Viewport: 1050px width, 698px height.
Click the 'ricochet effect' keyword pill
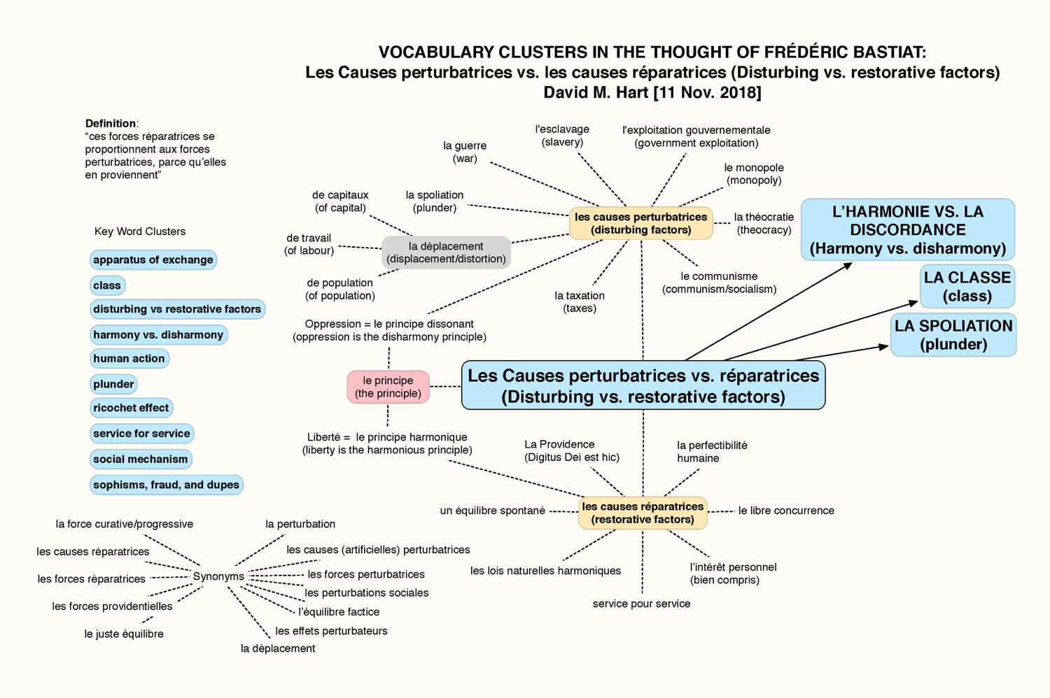pyautogui.click(x=132, y=408)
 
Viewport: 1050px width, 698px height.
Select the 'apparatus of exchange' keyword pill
pyautogui.click(x=153, y=259)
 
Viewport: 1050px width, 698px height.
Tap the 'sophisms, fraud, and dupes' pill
pyautogui.click(x=167, y=485)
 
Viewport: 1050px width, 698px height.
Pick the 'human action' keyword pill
pyautogui.click(x=129, y=358)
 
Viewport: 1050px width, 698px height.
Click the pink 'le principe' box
pyautogui.click(x=388, y=387)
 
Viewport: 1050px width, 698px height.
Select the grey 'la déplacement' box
pyautogui.click(x=447, y=252)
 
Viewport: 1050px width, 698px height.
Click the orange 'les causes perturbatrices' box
pyautogui.click(x=641, y=223)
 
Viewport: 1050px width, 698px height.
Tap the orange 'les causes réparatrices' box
pyautogui.click(x=643, y=513)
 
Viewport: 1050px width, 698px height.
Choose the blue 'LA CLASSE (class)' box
pyautogui.click(x=967, y=287)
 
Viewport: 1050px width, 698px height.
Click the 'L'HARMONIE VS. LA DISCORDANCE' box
pyautogui.click(x=908, y=229)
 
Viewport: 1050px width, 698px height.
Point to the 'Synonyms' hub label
pyautogui.click(x=218, y=576)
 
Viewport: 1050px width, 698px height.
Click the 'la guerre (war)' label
pyautogui.click(x=465, y=152)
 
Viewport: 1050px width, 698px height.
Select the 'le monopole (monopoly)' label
pyautogui.click(x=754, y=173)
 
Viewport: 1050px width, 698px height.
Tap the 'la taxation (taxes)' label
pyautogui.click(x=580, y=301)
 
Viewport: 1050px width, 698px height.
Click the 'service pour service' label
pyautogui.click(x=642, y=604)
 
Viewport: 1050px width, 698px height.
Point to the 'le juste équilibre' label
pyautogui.click(x=124, y=634)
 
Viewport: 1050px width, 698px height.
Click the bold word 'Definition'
pyautogui.click(x=111, y=123)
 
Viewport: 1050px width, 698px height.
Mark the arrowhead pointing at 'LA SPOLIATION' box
pyautogui.click(x=883, y=347)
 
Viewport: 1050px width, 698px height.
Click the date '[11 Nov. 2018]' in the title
pyautogui.click(x=707, y=92)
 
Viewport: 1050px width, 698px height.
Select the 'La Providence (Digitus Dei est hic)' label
pyautogui.click(x=572, y=450)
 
